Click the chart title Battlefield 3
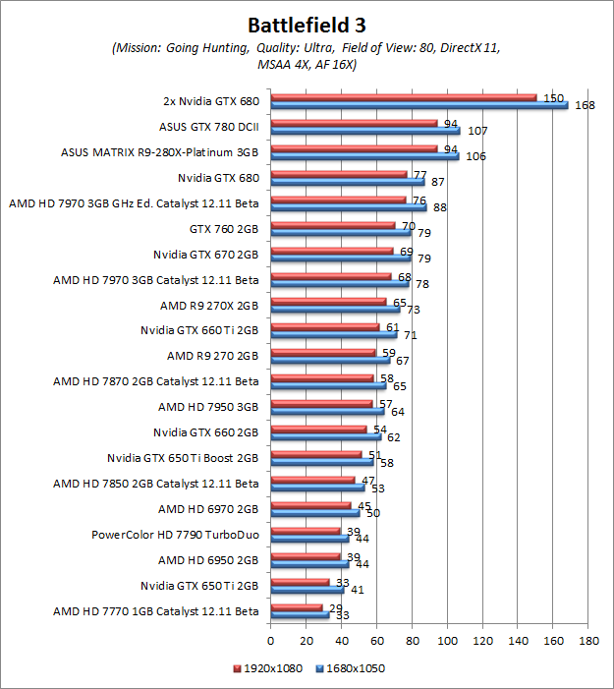click(307, 24)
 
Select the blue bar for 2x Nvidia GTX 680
click(419, 105)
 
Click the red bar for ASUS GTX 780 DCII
click(354, 123)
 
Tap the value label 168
click(585, 105)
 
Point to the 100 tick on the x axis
click(448, 641)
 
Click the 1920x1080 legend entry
click(271, 668)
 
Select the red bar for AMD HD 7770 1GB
click(297, 607)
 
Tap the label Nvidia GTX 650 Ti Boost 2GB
click(183, 458)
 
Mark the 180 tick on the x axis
click(589, 641)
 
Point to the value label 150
click(553, 98)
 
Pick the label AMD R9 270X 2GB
click(209, 305)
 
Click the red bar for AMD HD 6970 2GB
click(310, 505)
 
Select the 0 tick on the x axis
click(271, 641)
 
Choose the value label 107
click(477, 131)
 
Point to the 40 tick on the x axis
click(342, 641)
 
